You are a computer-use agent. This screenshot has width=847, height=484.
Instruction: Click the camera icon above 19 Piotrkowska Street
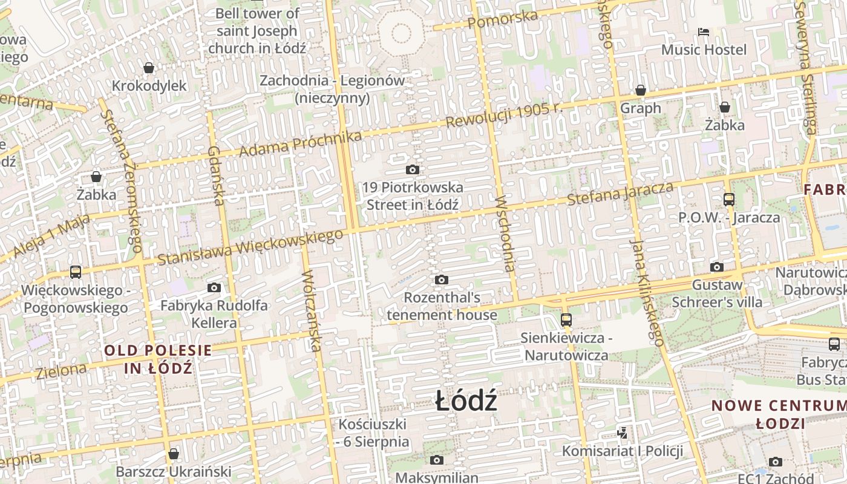(413, 170)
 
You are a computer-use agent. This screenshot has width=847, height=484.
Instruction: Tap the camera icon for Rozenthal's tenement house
(442, 280)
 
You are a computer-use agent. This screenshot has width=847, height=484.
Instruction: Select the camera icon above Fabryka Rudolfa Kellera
(214, 288)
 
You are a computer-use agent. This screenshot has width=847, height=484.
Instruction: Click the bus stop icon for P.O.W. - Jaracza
(729, 199)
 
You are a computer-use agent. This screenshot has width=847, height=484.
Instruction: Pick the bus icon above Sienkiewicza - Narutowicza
(566, 319)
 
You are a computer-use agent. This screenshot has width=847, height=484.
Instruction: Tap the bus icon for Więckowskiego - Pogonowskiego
(76, 272)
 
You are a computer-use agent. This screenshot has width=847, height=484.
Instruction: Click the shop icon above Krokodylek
(149, 68)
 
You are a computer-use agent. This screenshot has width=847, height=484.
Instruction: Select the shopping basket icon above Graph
(641, 91)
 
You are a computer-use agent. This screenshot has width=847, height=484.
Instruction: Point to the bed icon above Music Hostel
(704, 31)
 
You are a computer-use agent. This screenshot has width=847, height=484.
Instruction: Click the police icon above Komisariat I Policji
(622, 433)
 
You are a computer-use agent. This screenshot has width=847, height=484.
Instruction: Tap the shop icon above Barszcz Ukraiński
(174, 454)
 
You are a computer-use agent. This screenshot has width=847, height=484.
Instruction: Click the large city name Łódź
(466, 402)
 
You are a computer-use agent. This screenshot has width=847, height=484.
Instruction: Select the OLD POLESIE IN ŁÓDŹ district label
(159, 359)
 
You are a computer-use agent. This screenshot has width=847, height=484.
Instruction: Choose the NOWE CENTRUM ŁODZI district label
(779, 414)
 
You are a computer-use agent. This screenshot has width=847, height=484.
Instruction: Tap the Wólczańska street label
(311, 310)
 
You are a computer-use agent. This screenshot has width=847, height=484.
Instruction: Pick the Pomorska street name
(503, 20)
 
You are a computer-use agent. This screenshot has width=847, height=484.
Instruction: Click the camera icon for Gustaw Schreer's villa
(717, 267)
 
